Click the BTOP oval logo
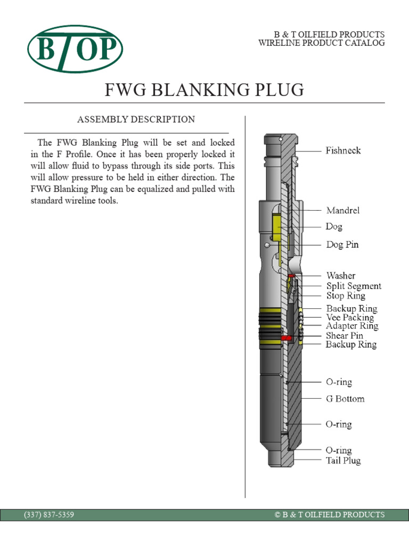[75, 49]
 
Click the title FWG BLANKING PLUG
[205, 90]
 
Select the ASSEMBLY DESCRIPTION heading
[136, 119]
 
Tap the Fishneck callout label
[343, 150]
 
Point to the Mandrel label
[342, 211]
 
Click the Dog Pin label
[342, 245]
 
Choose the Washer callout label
[340, 276]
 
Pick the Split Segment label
[353, 286]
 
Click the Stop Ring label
[346, 295]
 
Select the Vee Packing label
[350, 317]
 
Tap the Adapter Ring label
[352, 326]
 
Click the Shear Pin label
[345, 335]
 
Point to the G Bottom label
[345, 398]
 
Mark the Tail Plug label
[343, 460]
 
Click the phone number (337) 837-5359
[49, 515]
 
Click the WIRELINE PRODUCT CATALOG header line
[321, 43]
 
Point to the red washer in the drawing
[291, 276]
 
